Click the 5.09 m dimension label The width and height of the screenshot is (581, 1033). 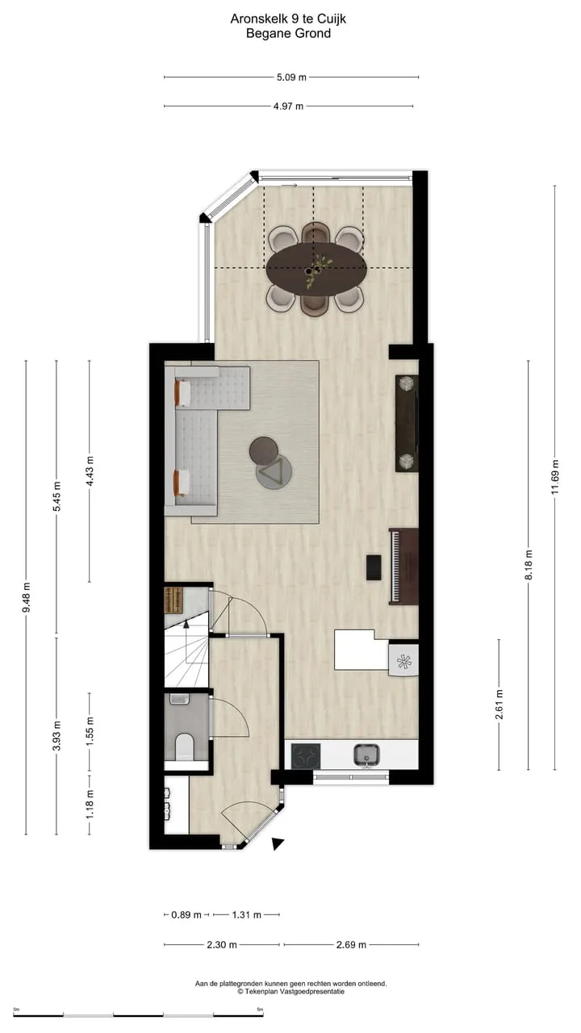[x=291, y=77]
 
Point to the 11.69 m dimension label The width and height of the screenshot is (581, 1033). [x=555, y=477]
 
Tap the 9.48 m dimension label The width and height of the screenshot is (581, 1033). [x=27, y=598]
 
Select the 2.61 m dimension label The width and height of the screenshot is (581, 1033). [x=499, y=705]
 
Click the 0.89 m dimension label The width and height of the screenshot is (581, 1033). [x=186, y=914]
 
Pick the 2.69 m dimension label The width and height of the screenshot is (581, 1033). [x=351, y=944]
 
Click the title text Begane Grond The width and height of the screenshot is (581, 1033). [x=288, y=33]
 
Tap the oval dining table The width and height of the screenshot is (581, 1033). [x=316, y=269]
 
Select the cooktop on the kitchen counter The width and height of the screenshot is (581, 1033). [x=306, y=756]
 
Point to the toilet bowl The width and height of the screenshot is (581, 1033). [x=185, y=747]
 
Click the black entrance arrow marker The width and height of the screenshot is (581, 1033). [x=277, y=843]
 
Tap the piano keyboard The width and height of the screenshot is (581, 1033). [x=395, y=567]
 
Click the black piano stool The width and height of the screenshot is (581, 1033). [x=374, y=567]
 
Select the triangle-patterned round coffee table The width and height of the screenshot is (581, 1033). [x=274, y=471]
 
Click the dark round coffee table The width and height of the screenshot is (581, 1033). [x=264, y=450]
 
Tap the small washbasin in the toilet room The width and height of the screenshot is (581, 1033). [x=180, y=699]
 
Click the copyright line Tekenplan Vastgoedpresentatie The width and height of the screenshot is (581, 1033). [x=291, y=991]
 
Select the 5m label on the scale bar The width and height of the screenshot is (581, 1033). [x=260, y=1010]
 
